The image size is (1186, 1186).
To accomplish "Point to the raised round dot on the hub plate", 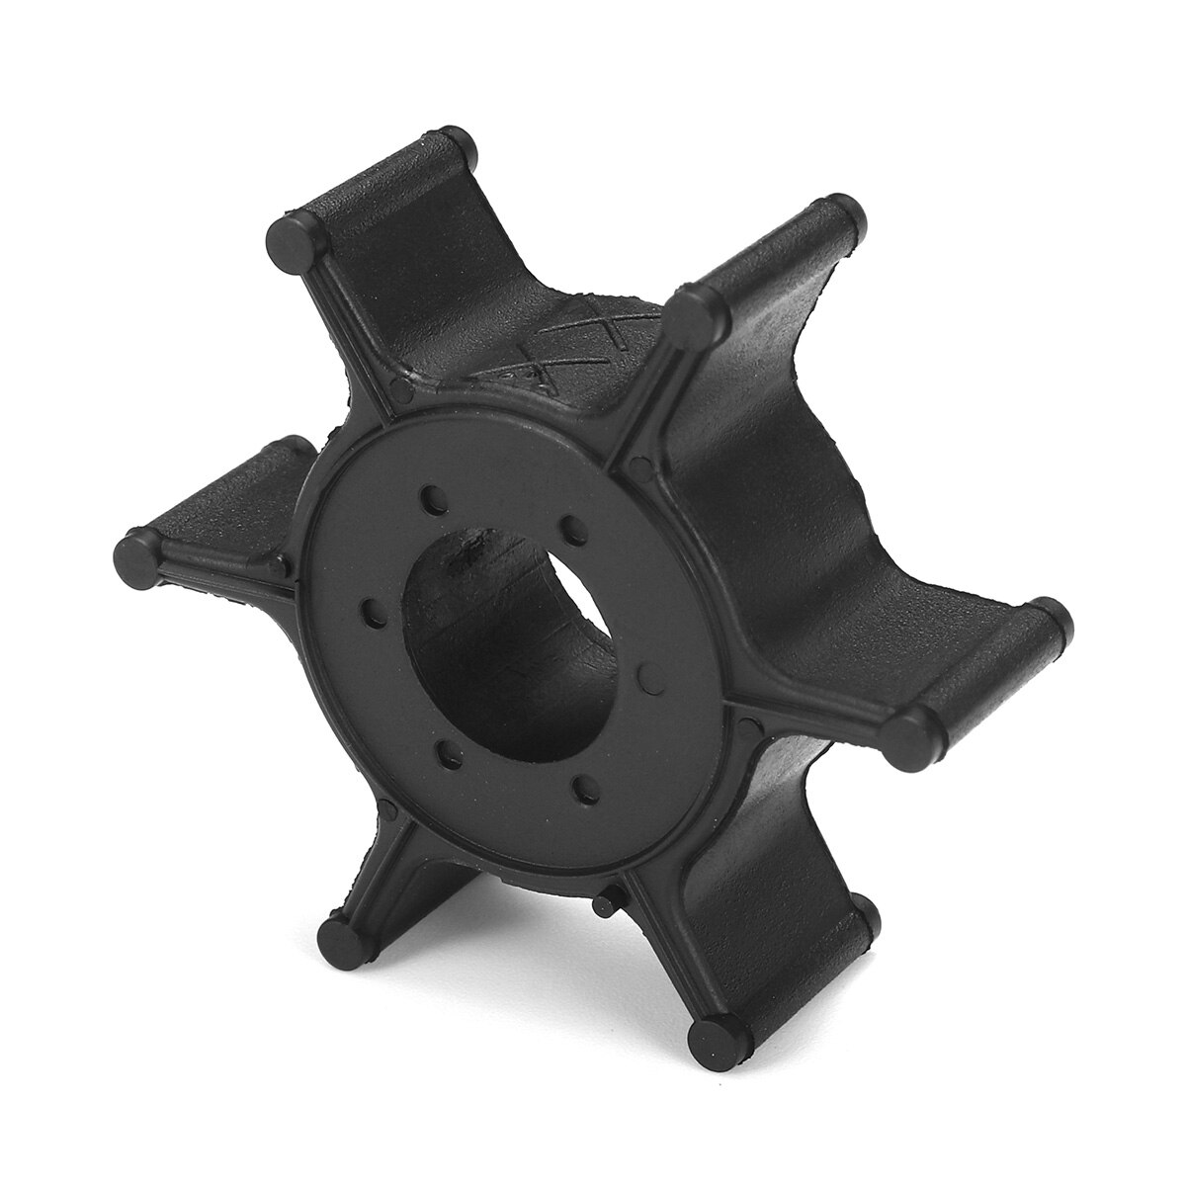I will [647, 676].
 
